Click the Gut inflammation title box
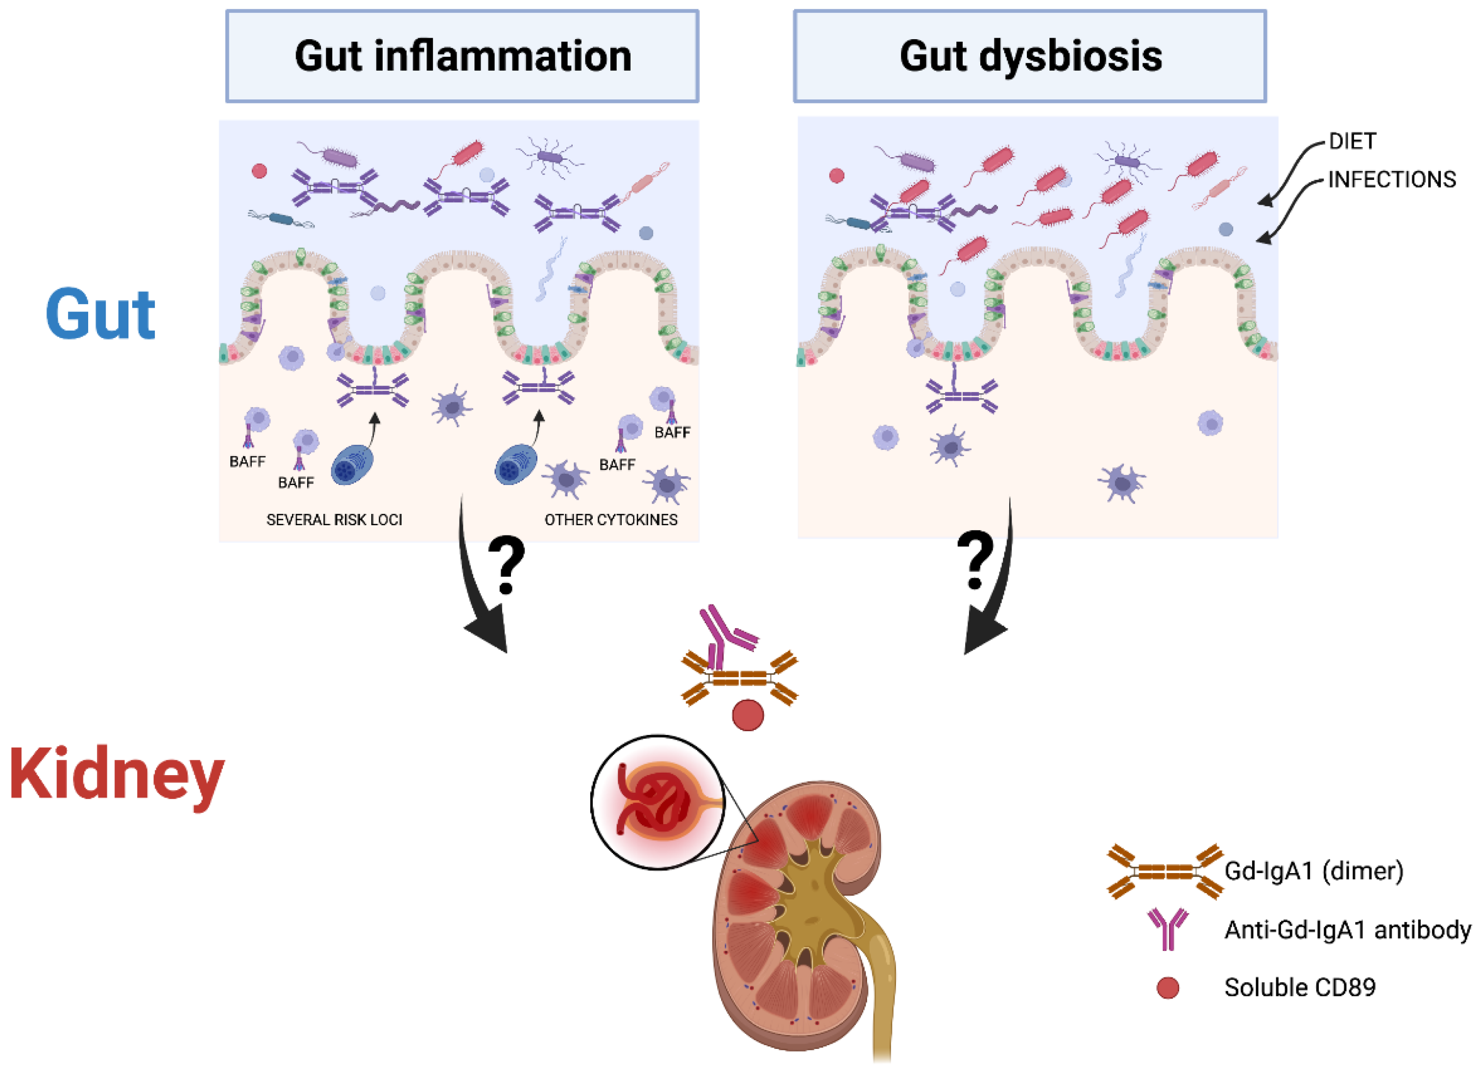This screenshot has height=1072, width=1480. [462, 56]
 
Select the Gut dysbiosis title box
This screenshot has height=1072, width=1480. [1030, 56]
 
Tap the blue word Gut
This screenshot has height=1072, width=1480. [100, 315]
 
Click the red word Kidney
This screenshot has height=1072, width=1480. [116, 775]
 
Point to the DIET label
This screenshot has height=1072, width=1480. [1352, 142]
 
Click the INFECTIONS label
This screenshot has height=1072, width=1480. [1391, 179]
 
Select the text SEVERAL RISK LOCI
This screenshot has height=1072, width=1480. [334, 520]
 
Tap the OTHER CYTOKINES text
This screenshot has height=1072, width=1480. [611, 520]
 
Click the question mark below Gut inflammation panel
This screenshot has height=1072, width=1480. [507, 565]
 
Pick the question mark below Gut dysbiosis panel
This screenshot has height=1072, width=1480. [975, 560]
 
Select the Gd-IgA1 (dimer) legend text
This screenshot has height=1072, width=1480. [1313, 871]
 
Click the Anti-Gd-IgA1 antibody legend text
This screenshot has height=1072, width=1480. [1347, 930]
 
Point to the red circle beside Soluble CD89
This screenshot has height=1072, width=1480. [1167, 988]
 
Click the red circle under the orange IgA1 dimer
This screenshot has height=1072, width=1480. [748, 715]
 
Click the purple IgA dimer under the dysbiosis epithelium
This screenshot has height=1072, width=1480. [961, 395]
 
